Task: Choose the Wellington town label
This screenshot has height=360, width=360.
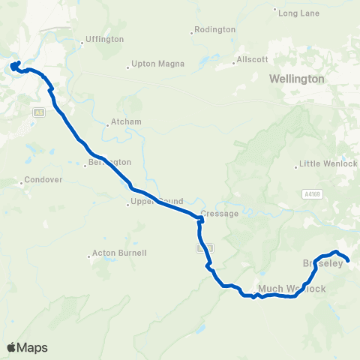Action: [x=298, y=78]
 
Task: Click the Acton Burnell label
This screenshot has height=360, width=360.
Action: [x=118, y=253]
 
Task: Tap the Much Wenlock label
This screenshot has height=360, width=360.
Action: [x=292, y=288]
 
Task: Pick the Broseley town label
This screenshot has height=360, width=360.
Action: [x=322, y=264]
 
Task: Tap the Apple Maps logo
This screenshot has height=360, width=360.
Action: [x=26, y=347]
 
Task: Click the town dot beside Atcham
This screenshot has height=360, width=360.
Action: [x=107, y=125]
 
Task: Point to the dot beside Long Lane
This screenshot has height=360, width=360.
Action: [x=275, y=12]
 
